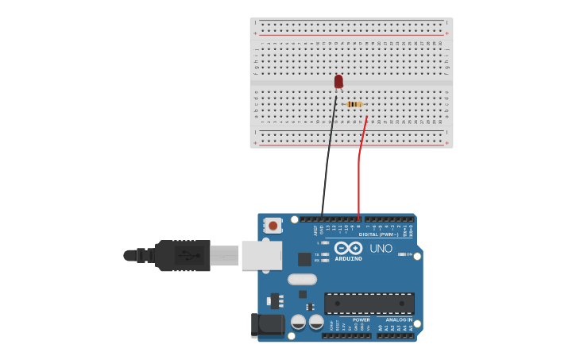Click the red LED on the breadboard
pyautogui.click(x=338, y=81)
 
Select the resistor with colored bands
pyautogui.click(x=354, y=104)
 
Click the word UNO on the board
pyautogui.click(x=381, y=249)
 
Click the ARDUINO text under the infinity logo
pyautogui.click(x=348, y=259)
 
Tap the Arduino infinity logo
pyautogui.click(x=348, y=248)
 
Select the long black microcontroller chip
pyautogui.click(x=369, y=303)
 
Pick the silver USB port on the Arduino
pyautogui.click(x=261, y=255)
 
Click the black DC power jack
pyautogui.click(x=268, y=324)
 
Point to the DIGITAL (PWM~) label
pyautogui.click(x=379, y=234)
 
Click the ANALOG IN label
pyautogui.click(x=399, y=319)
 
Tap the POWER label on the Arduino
pyautogui.click(x=361, y=319)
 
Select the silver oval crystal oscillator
pyautogui.click(x=302, y=279)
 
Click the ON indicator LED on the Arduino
pyautogui.click(x=401, y=254)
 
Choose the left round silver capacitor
pyautogui.click(x=299, y=322)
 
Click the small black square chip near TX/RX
pyautogui.click(x=304, y=259)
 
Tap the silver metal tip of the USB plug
pyautogui.click(x=224, y=255)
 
